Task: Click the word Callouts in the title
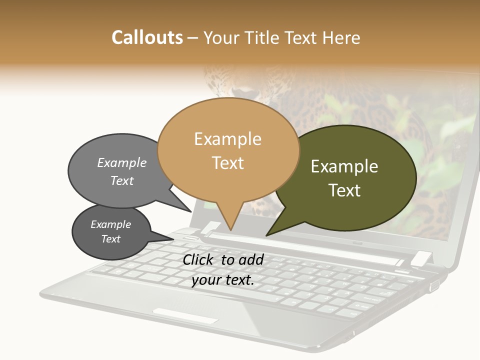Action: coord(147,37)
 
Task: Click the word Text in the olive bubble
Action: coord(344,190)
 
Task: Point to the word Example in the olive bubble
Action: coord(344,166)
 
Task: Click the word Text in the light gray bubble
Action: coord(122,180)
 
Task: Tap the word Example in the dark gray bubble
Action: coord(110,224)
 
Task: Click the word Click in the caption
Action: coord(199,259)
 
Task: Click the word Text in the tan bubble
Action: coord(227,162)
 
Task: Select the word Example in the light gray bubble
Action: coord(122,162)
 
